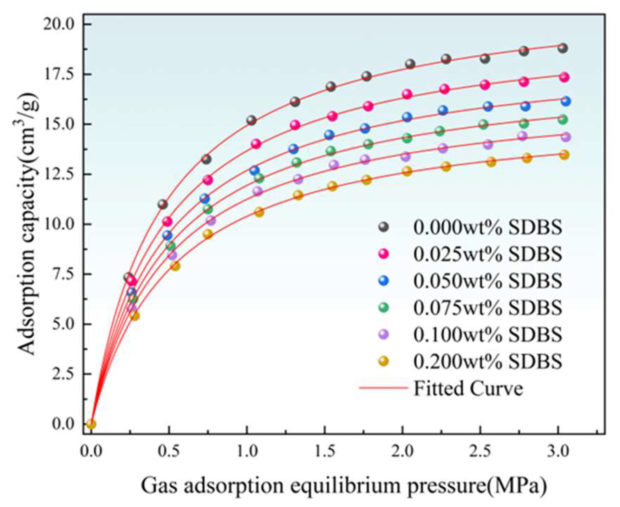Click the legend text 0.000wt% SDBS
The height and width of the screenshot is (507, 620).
[x=488, y=228]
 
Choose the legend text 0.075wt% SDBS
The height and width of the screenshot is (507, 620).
[x=488, y=308]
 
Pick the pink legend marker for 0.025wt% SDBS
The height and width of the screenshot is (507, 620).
[x=384, y=253]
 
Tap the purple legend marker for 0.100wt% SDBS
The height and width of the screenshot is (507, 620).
[x=384, y=334]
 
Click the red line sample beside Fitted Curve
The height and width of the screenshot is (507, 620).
[x=383, y=388]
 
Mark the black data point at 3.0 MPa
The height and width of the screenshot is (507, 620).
[x=563, y=48]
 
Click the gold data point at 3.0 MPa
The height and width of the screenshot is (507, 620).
[x=564, y=155]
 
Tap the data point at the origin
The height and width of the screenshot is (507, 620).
[x=91, y=424]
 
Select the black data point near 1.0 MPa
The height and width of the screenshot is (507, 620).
[x=251, y=120]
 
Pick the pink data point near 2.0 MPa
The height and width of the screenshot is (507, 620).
[x=407, y=94]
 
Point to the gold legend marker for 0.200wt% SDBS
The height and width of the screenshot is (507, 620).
[x=384, y=361]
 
